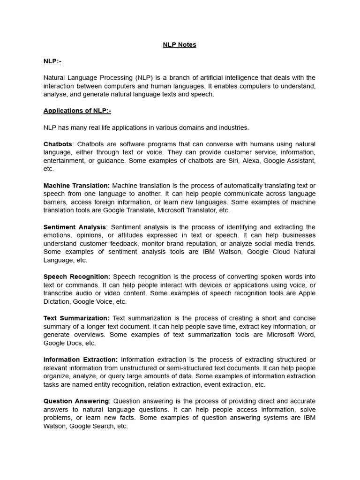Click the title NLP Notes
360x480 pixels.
[180, 45]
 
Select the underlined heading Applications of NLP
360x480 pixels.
[77, 111]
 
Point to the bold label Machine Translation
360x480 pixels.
[76, 186]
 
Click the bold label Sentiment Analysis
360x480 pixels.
[75, 227]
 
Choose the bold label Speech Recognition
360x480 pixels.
[77, 277]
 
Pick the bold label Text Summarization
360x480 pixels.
[76, 318]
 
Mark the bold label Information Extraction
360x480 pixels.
[81, 360]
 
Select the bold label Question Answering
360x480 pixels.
[76, 401]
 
